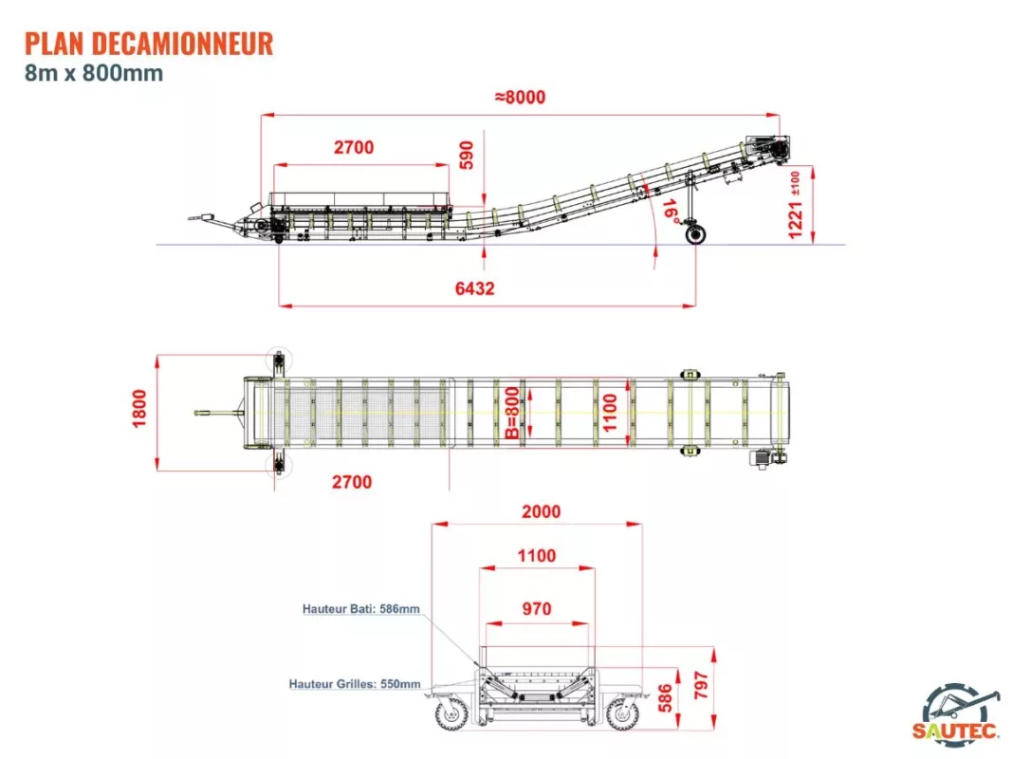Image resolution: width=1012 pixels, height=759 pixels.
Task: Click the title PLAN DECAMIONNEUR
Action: (149, 43)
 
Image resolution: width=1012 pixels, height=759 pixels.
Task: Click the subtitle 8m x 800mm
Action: (94, 73)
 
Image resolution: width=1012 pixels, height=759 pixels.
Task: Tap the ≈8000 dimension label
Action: (520, 97)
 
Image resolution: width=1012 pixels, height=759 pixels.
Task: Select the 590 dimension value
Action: (466, 156)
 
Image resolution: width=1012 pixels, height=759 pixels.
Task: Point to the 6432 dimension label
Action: (474, 288)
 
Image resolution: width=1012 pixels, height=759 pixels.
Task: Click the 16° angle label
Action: (671, 210)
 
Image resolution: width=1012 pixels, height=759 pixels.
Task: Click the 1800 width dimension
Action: (140, 409)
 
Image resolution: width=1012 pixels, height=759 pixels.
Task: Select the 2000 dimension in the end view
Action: (541, 511)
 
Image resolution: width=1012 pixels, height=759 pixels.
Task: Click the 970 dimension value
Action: (536, 609)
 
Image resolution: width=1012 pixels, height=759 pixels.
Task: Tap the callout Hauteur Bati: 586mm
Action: (360, 609)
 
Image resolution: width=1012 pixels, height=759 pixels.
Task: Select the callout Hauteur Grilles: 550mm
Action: (355, 683)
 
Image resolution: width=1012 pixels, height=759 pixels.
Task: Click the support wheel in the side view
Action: (699, 233)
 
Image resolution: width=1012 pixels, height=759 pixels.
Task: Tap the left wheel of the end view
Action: (451, 712)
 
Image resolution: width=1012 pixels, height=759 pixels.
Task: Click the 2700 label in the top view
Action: (352, 482)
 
